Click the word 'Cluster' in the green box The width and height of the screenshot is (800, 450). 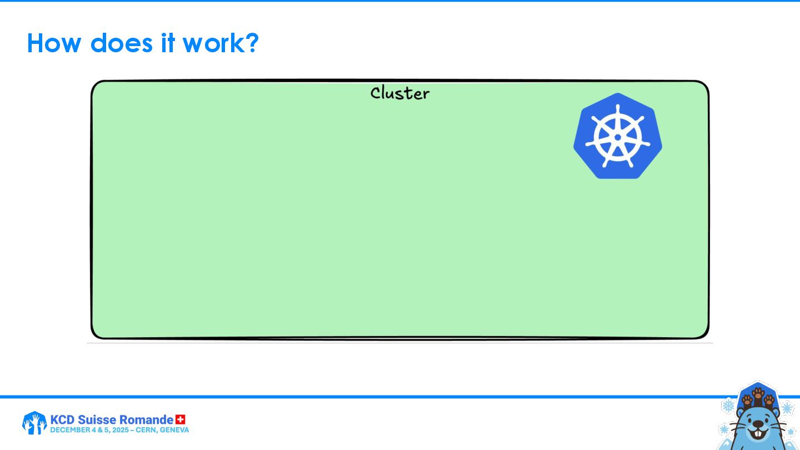(x=400, y=93)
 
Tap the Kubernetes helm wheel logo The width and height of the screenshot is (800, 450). (x=618, y=136)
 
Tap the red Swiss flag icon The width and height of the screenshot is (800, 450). (x=181, y=419)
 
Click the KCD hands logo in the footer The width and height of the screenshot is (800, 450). (x=34, y=423)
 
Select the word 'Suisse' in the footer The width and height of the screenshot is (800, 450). (x=98, y=419)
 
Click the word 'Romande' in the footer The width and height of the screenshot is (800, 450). (x=146, y=419)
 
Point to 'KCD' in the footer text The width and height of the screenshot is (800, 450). (x=62, y=419)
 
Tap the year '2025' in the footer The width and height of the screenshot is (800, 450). (x=121, y=430)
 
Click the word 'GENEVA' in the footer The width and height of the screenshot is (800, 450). (x=174, y=430)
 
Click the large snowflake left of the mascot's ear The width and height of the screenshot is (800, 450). (x=728, y=405)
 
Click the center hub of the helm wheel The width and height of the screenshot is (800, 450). (x=618, y=137)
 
